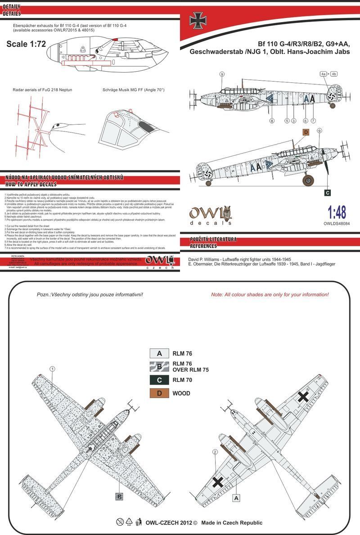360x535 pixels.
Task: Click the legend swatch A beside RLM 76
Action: coord(159,354)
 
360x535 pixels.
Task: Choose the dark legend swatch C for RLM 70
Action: coord(159,380)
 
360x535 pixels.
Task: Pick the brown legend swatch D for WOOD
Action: coord(159,393)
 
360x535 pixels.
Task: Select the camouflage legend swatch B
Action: coord(159,367)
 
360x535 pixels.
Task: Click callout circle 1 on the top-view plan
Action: coord(53,369)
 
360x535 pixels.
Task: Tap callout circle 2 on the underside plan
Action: coord(215,452)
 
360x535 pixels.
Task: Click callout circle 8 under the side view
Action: coord(272,121)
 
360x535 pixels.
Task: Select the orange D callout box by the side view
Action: coord(306,132)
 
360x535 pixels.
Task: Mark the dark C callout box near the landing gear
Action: coord(327,193)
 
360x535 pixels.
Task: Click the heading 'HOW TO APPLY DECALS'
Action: coord(31,185)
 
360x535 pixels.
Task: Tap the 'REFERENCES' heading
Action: coord(204,246)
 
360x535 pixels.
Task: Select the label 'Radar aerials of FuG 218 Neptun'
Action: coord(43,90)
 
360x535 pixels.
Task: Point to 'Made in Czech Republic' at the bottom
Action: coord(232,522)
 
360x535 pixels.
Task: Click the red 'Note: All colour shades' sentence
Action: coord(270,295)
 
